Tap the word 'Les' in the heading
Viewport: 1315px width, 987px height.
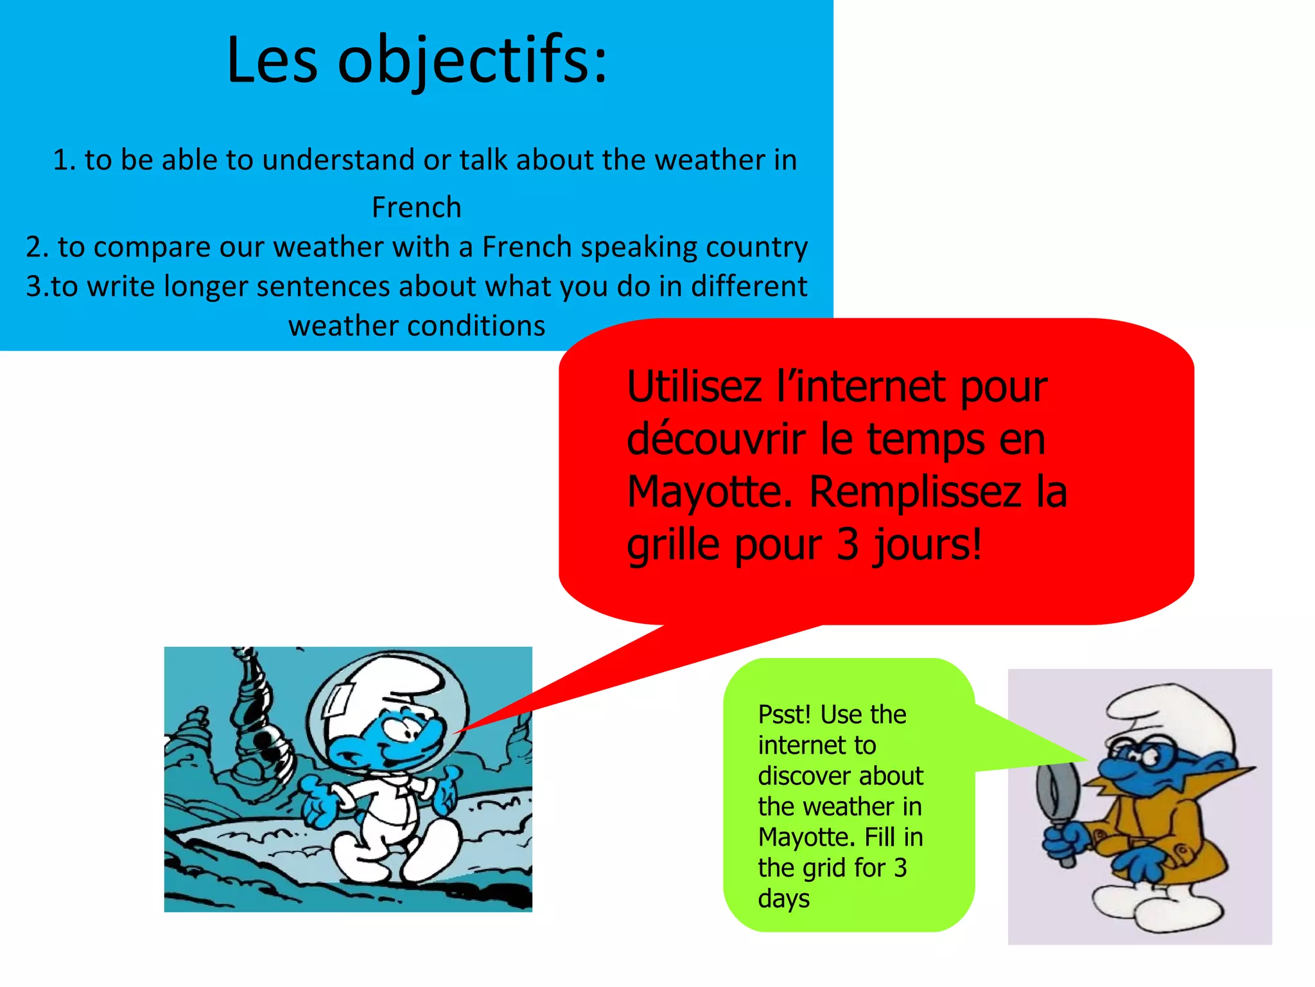click(272, 61)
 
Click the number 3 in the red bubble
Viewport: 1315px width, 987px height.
click(848, 545)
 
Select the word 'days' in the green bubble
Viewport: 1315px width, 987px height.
click(783, 898)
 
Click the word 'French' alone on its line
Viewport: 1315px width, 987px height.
click(416, 208)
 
